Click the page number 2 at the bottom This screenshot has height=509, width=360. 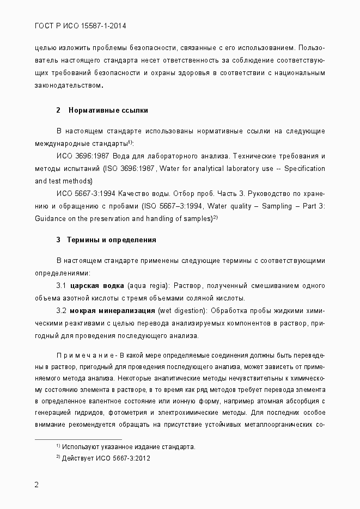click(36, 485)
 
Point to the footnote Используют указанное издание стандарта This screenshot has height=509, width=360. click(129, 447)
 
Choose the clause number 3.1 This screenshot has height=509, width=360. click(62, 286)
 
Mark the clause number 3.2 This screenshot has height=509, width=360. click(62, 311)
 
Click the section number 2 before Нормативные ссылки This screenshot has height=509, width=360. click(58, 111)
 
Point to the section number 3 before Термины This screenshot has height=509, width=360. click(58, 240)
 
